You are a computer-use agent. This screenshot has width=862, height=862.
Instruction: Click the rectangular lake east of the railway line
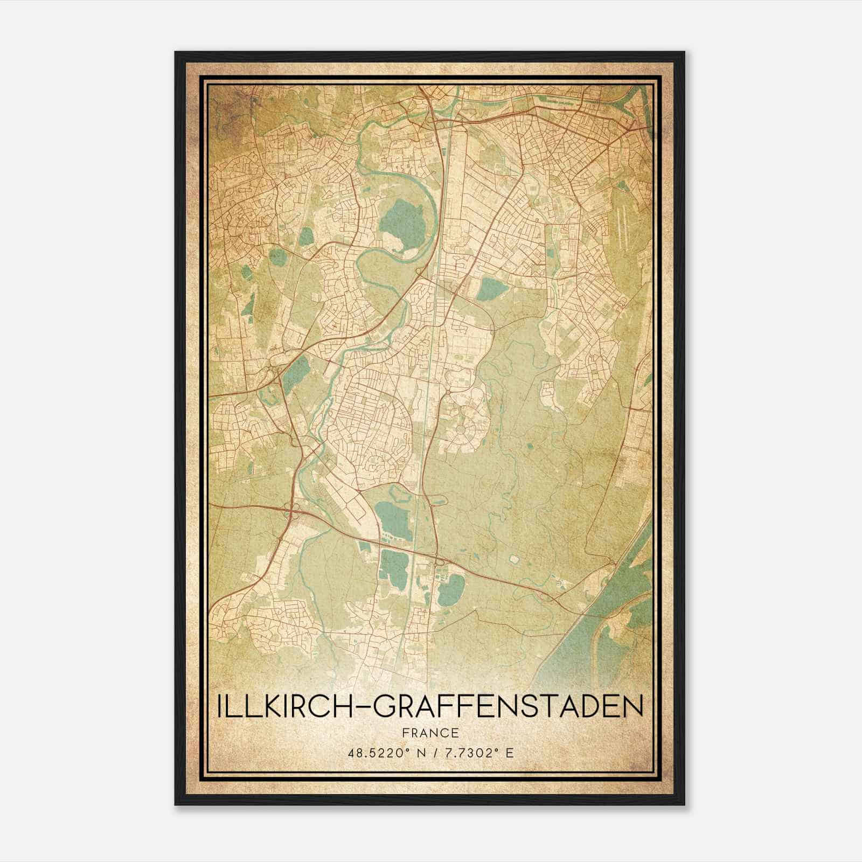coord(492,289)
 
